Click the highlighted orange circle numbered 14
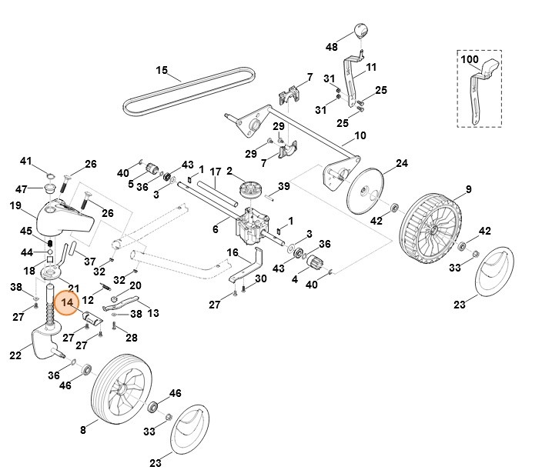point(68,303)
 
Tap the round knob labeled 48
point(358,31)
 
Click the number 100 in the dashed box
point(469,59)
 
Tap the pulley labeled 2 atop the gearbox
point(251,190)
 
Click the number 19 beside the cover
point(15,205)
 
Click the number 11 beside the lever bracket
point(370,67)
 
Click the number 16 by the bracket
point(233,252)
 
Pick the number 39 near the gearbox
point(284,187)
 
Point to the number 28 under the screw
point(131,338)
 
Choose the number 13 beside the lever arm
point(152,312)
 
